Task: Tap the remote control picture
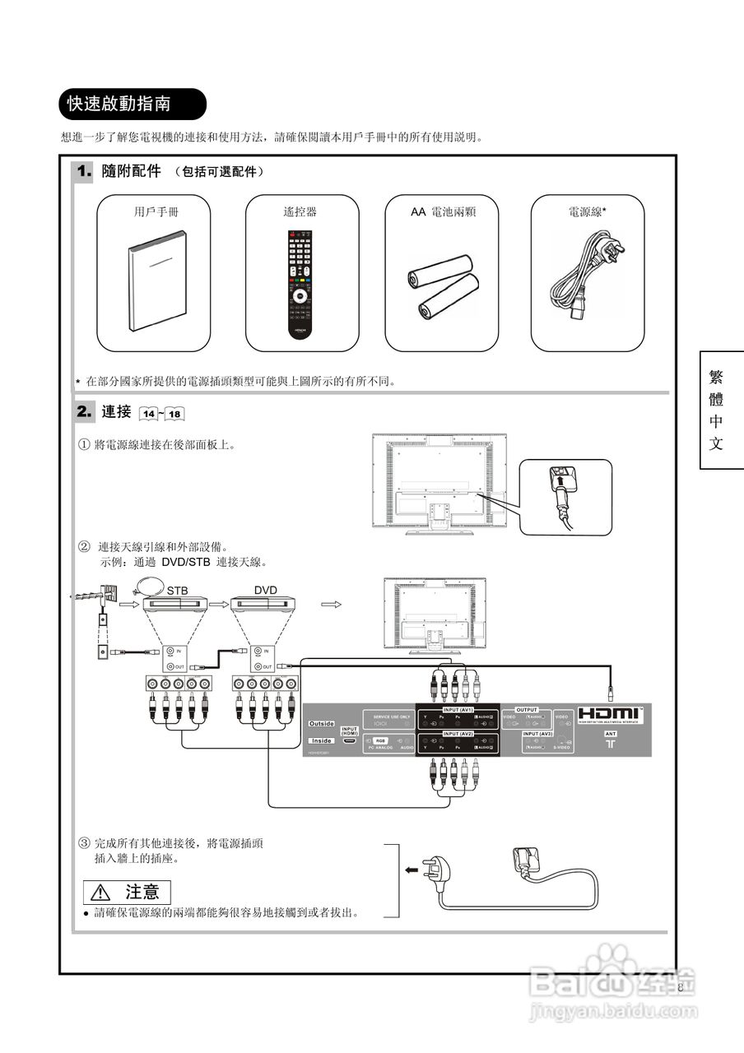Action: click(x=301, y=284)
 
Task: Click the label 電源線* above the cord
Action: click(x=587, y=211)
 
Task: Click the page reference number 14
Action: click(x=150, y=413)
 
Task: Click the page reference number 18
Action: click(x=174, y=413)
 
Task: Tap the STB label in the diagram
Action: click(x=177, y=591)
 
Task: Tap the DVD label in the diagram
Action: click(x=265, y=591)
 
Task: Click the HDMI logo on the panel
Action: click(x=608, y=713)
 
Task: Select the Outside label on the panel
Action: click(x=321, y=723)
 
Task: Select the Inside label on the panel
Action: click(x=321, y=740)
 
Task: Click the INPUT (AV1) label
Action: click(x=458, y=709)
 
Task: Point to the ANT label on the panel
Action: click(x=611, y=732)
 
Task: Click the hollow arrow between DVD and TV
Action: click(x=331, y=604)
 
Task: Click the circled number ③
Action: click(x=84, y=843)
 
